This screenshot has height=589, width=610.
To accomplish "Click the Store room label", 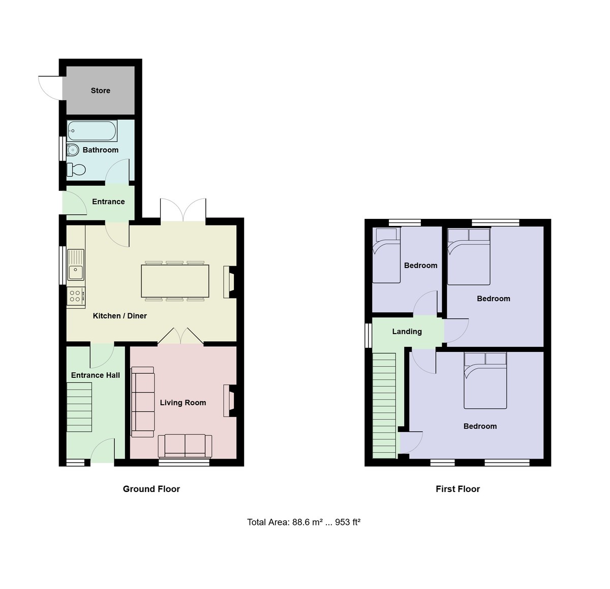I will [100, 90].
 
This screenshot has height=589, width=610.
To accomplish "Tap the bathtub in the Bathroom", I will [92, 130].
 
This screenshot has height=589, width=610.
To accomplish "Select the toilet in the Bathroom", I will [77, 169].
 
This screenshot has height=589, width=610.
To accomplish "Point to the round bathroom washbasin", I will [73, 150].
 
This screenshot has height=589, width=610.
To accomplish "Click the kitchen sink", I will [76, 264].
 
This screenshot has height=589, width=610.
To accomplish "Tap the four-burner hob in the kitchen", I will [76, 296].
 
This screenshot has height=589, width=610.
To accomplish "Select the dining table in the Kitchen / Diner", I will [175, 281].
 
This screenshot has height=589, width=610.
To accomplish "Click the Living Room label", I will [183, 403].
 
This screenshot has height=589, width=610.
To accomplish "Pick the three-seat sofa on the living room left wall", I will [143, 402].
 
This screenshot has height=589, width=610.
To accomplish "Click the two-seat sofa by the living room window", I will [185, 445].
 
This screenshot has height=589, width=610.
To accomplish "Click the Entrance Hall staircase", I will [79, 407].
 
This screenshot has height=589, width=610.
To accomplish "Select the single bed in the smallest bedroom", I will [386, 255].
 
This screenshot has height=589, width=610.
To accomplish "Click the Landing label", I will [407, 332].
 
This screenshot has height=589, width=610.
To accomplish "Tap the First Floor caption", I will [457, 489].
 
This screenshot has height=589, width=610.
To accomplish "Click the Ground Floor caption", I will [151, 489].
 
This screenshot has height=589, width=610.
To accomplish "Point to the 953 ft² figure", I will [348, 522].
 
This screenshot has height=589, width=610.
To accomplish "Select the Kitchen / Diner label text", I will [120, 316].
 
